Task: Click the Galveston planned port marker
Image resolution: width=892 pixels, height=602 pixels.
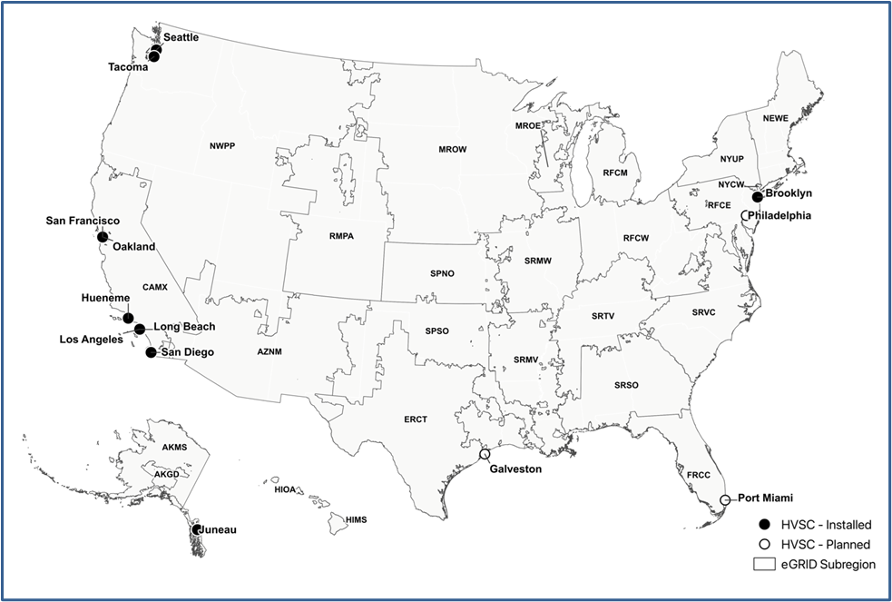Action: click(485, 454)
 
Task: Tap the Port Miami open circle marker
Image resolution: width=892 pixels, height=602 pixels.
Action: click(725, 500)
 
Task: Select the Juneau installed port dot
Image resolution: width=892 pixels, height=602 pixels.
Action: click(196, 528)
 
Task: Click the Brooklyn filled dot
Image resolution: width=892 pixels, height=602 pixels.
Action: click(758, 196)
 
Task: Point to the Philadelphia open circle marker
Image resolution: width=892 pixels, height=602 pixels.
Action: click(745, 215)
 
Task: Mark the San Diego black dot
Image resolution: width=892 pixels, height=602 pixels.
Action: click(151, 352)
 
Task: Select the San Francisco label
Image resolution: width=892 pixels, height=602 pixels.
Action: click(83, 221)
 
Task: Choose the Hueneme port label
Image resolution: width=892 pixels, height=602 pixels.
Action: click(104, 297)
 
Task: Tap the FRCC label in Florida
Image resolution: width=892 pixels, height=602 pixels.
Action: click(699, 475)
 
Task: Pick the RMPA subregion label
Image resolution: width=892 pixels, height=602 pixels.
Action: click(341, 237)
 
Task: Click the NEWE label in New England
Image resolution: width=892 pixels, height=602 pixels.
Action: click(775, 118)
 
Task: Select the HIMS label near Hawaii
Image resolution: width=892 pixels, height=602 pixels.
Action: click(357, 518)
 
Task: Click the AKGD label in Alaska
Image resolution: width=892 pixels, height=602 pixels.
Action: click(166, 475)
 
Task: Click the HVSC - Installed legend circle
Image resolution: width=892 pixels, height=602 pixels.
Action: click(764, 524)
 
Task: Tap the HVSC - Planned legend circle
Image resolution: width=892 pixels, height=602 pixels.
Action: click(764, 544)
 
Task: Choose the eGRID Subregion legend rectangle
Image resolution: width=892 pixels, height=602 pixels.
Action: click(764, 564)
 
